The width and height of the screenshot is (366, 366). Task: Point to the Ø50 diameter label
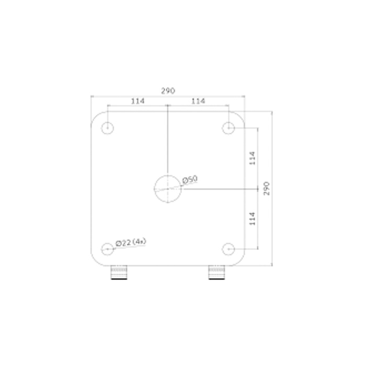pyautogui.click(x=190, y=179)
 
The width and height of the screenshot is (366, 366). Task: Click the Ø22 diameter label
pyautogui.click(x=123, y=243)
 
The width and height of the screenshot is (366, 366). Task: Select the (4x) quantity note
pyautogui.click(x=139, y=242)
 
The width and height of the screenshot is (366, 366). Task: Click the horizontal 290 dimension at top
pyautogui.click(x=168, y=90)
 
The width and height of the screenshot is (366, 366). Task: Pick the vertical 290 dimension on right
pyautogui.click(x=266, y=189)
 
